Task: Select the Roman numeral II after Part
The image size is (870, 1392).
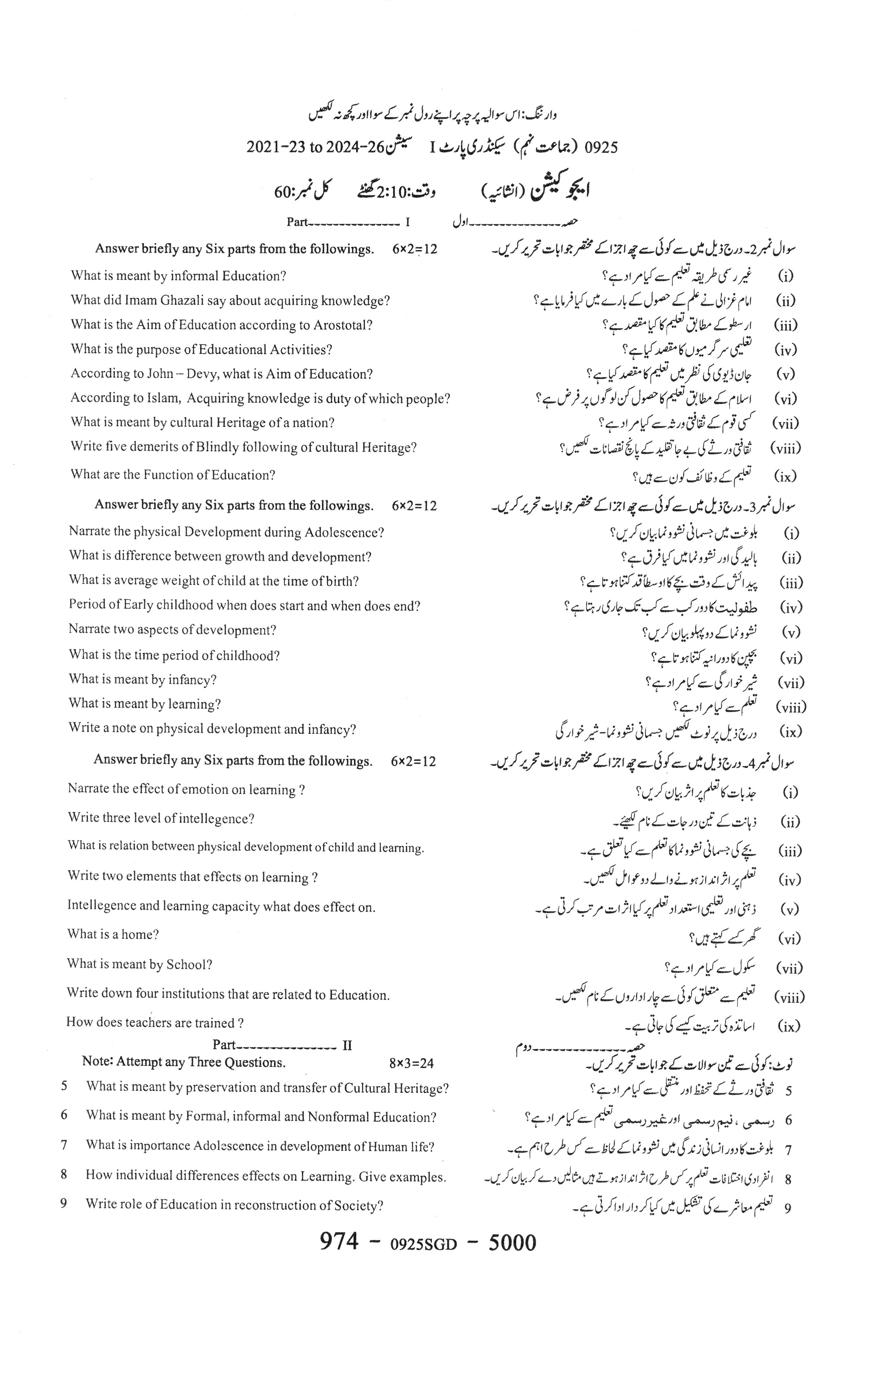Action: (x=347, y=1045)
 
